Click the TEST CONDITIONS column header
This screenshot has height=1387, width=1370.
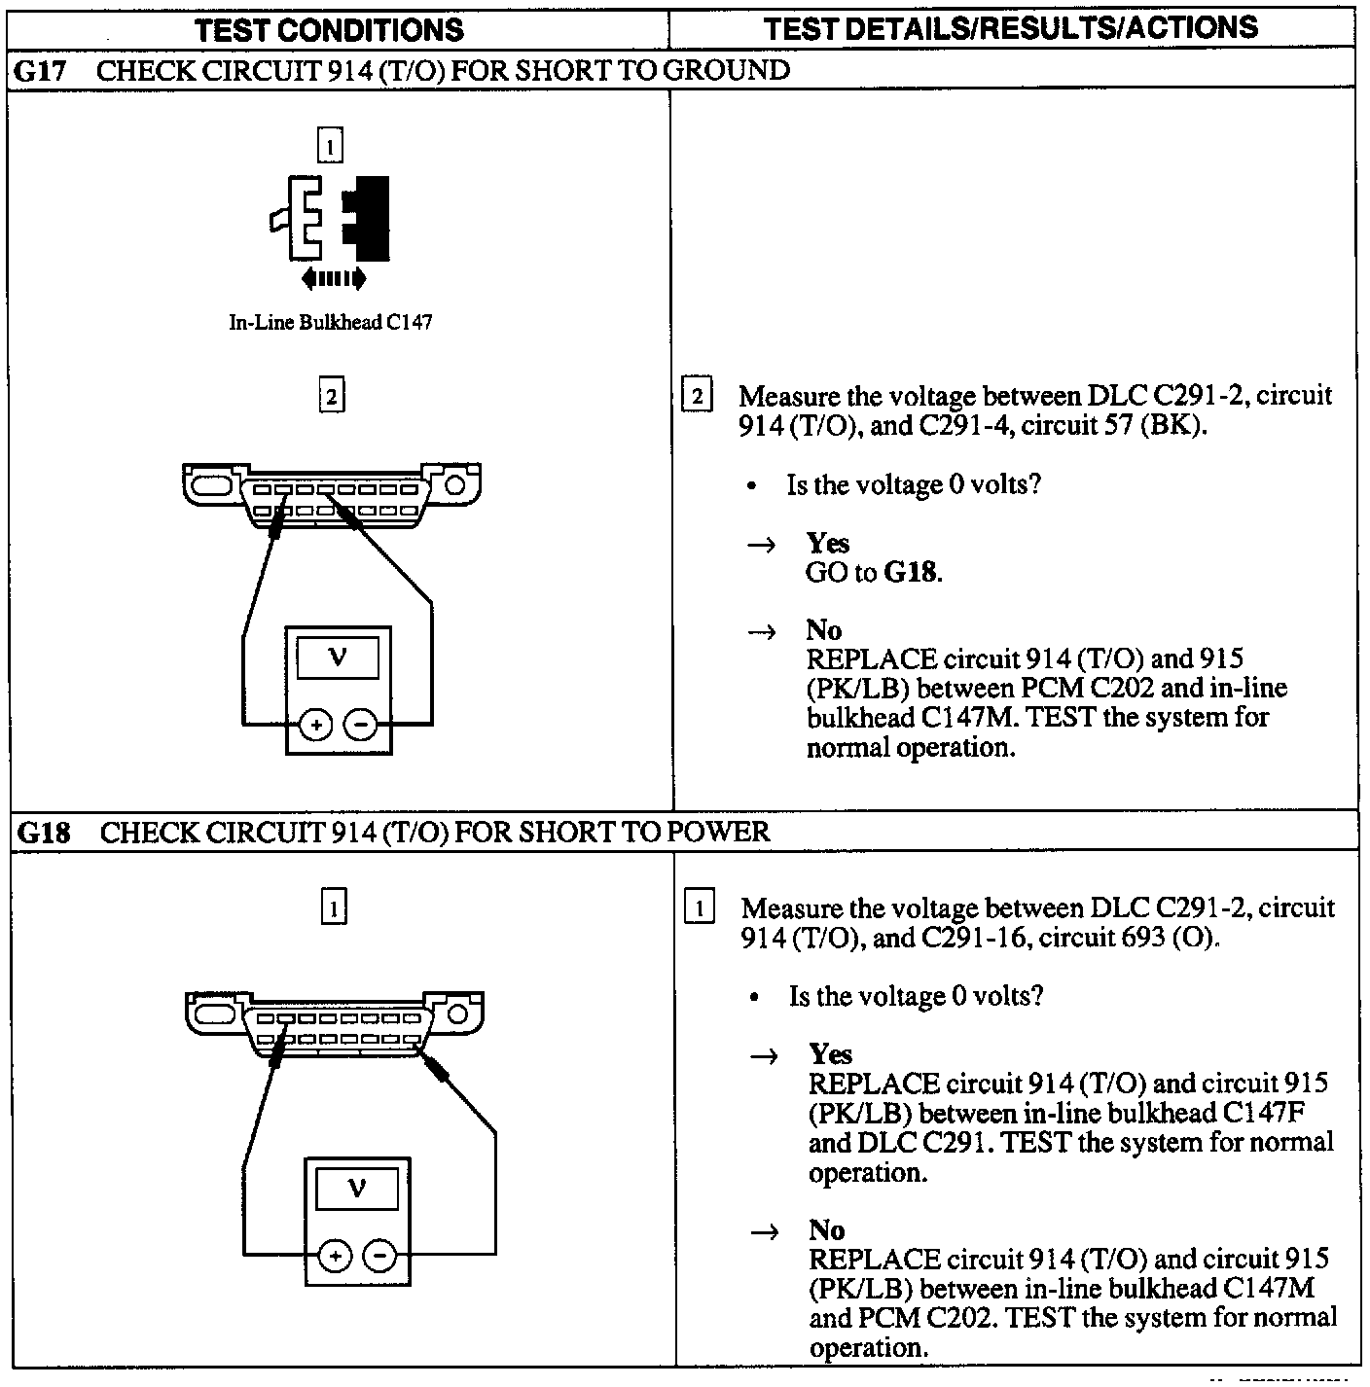(329, 30)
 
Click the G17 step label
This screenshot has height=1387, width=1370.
(42, 70)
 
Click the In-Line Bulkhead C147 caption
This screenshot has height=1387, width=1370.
(330, 323)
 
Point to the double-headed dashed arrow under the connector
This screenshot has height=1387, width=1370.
(334, 279)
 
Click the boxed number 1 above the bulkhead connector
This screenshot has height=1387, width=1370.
(331, 147)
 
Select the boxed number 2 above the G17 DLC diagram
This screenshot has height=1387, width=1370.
(332, 397)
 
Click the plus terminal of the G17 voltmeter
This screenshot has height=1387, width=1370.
(316, 725)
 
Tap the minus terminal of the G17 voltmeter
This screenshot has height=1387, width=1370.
(361, 725)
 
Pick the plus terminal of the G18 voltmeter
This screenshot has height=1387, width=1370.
(335, 1257)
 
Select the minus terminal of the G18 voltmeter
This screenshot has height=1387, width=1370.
(379, 1257)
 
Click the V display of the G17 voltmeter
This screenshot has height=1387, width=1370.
(338, 658)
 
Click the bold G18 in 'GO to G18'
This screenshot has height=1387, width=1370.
(911, 572)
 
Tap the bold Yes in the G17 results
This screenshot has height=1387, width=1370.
(827, 543)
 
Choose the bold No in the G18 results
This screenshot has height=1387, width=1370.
(826, 1230)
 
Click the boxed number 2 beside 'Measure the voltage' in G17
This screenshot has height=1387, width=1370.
(698, 397)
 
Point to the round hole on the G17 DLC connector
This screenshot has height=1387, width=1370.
(454, 483)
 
